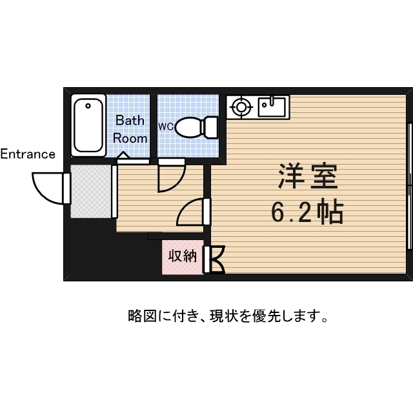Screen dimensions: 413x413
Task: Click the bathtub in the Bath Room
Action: click(x=88, y=125)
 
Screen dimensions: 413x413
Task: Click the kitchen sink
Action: click(x=272, y=106)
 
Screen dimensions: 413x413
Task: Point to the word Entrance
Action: click(x=27, y=154)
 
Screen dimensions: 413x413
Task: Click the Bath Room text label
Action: click(x=130, y=129)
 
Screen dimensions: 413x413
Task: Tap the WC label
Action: click(x=166, y=126)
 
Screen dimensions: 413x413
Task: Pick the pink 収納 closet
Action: click(x=182, y=256)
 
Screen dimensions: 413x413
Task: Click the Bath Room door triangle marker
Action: click(x=123, y=156)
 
